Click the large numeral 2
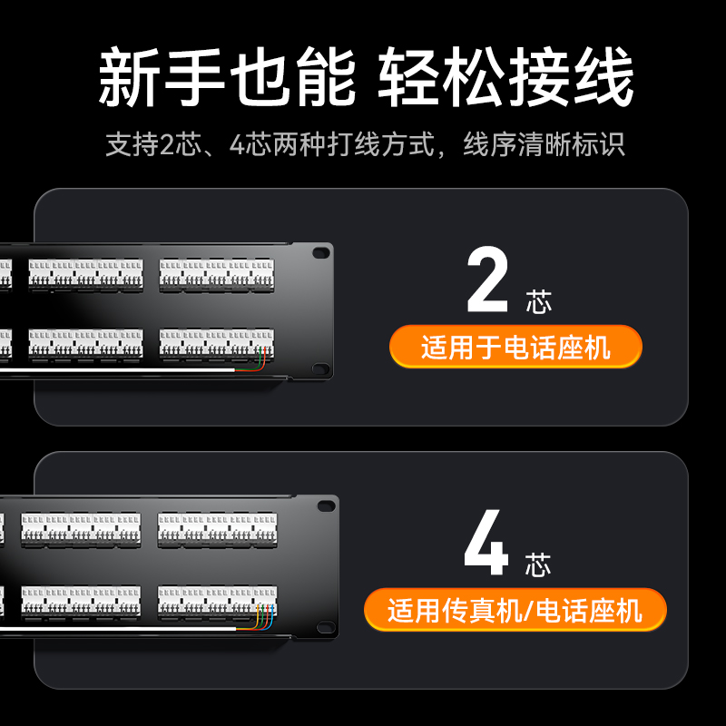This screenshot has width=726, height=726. (x=487, y=280)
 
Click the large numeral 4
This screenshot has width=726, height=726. (x=486, y=542)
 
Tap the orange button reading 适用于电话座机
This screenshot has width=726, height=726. (x=515, y=347)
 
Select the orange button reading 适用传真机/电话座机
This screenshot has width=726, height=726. (x=515, y=610)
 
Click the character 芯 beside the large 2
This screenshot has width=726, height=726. (x=538, y=302)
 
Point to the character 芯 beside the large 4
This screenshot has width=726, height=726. (x=538, y=564)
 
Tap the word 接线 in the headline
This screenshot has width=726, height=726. (x=572, y=76)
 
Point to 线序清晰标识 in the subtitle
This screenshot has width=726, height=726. (x=544, y=144)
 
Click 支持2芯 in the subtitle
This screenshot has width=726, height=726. (x=153, y=144)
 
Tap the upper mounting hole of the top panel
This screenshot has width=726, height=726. (x=321, y=253)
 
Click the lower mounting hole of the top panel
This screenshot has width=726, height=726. (x=321, y=369)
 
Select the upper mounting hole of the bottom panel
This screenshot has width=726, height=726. (x=326, y=505)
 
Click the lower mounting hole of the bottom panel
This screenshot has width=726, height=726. (x=326, y=627)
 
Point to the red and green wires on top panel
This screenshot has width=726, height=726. (x=251, y=359)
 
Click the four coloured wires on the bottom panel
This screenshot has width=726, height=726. (x=255, y=617)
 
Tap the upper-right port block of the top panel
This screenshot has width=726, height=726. (x=217, y=276)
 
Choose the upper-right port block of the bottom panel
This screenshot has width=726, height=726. (x=218, y=530)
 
